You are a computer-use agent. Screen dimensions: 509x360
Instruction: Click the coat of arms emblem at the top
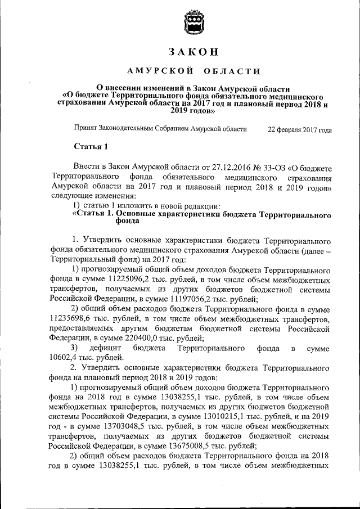point(191,25)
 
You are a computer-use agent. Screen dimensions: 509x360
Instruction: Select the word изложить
point(125,206)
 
